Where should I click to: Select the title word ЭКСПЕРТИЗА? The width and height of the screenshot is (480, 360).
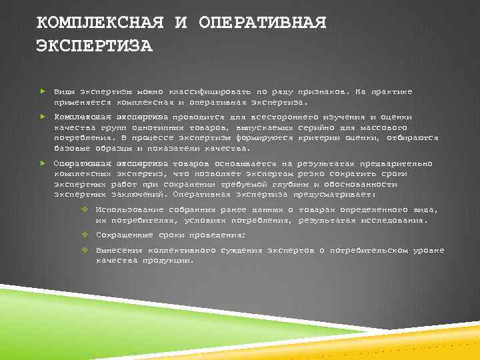[x=94, y=47]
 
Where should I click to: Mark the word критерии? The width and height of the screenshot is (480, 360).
[x=323, y=137]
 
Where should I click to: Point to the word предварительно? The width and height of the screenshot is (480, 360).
[x=396, y=163]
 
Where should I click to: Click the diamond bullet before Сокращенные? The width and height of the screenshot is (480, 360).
[x=85, y=235]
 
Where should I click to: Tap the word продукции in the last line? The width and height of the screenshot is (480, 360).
[x=165, y=261]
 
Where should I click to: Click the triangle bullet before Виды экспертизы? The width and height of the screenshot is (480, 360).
[x=41, y=91]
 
